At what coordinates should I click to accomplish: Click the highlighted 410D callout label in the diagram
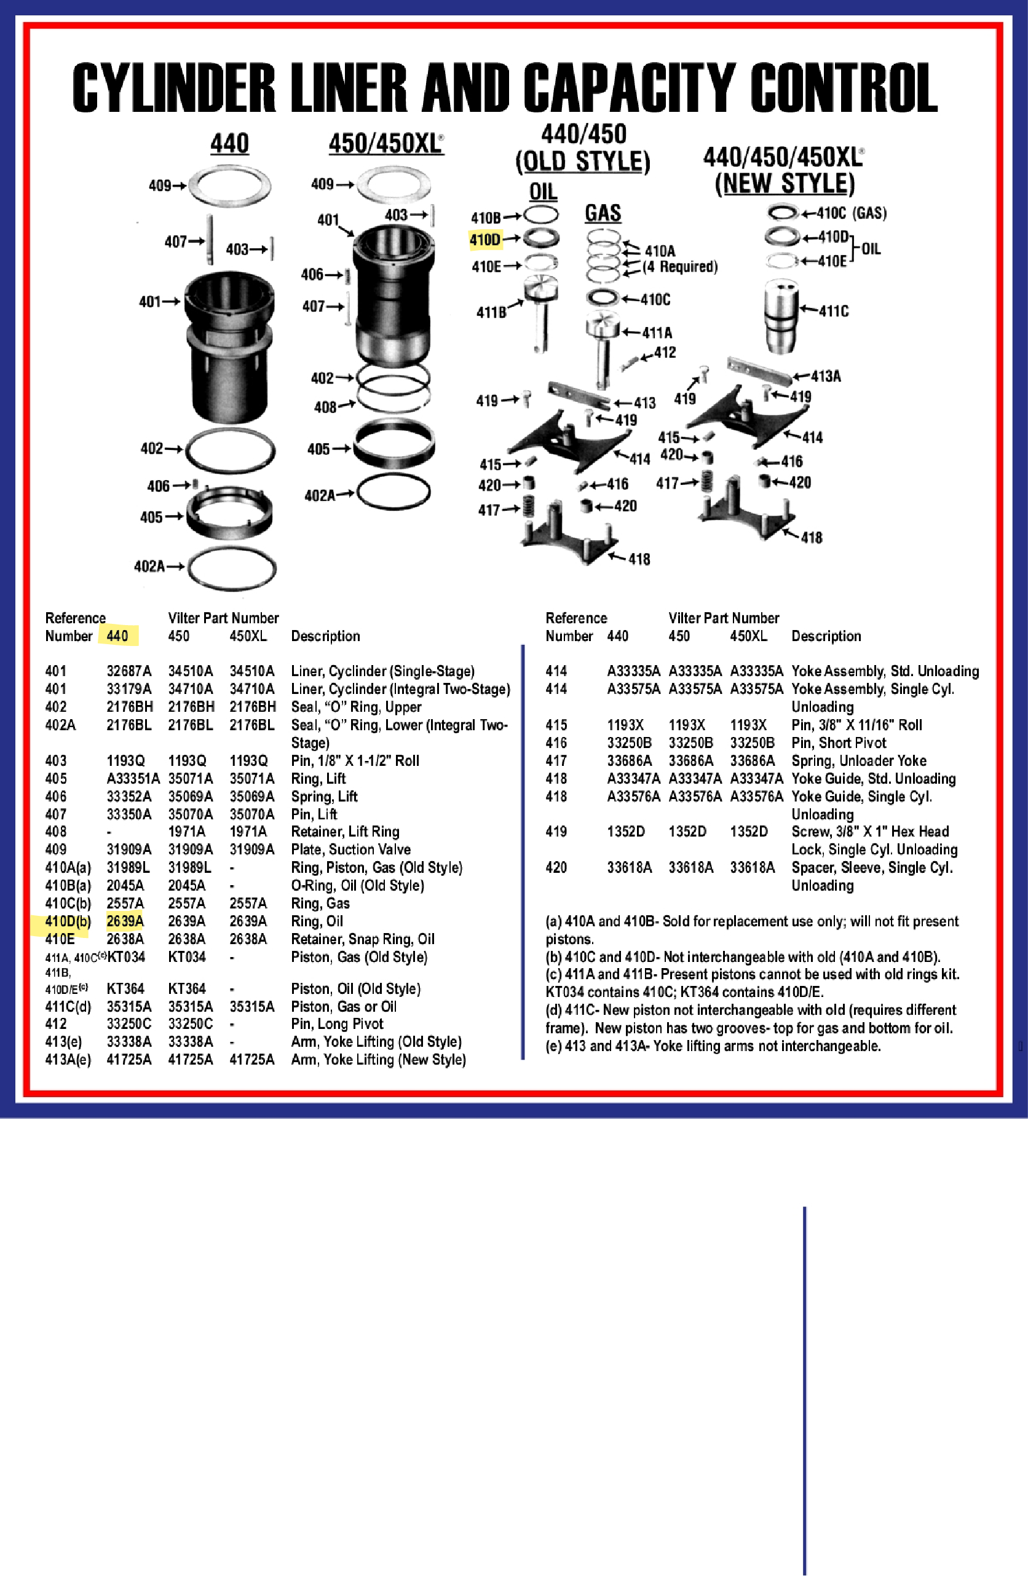pyautogui.click(x=485, y=240)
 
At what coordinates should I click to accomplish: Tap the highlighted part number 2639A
pyautogui.click(x=125, y=921)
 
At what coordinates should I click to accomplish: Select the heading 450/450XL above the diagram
pyautogui.click(x=385, y=144)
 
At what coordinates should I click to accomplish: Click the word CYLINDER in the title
pyautogui.click(x=173, y=88)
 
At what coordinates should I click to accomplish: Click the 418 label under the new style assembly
pyautogui.click(x=812, y=538)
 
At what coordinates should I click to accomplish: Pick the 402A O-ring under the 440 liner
pyautogui.click(x=231, y=568)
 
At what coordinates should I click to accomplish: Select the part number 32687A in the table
pyautogui.click(x=128, y=671)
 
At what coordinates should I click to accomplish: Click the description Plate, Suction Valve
pyautogui.click(x=350, y=849)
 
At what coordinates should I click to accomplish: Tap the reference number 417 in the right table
pyautogui.click(x=556, y=761)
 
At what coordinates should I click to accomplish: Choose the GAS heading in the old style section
pyautogui.click(x=602, y=213)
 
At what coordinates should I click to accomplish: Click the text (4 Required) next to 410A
pyautogui.click(x=680, y=267)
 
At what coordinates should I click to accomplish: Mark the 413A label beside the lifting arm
pyautogui.click(x=825, y=377)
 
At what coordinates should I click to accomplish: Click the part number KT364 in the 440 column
pyautogui.click(x=125, y=988)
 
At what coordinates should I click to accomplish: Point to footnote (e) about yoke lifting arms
pyautogui.click(x=713, y=1046)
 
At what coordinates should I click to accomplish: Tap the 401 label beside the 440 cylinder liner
pyautogui.click(x=149, y=302)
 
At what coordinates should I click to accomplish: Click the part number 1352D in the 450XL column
pyautogui.click(x=748, y=832)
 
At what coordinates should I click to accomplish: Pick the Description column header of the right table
pyautogui.click(x=825, y=636)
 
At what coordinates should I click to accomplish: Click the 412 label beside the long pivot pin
pyautogui.click(x=665, y=353)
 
